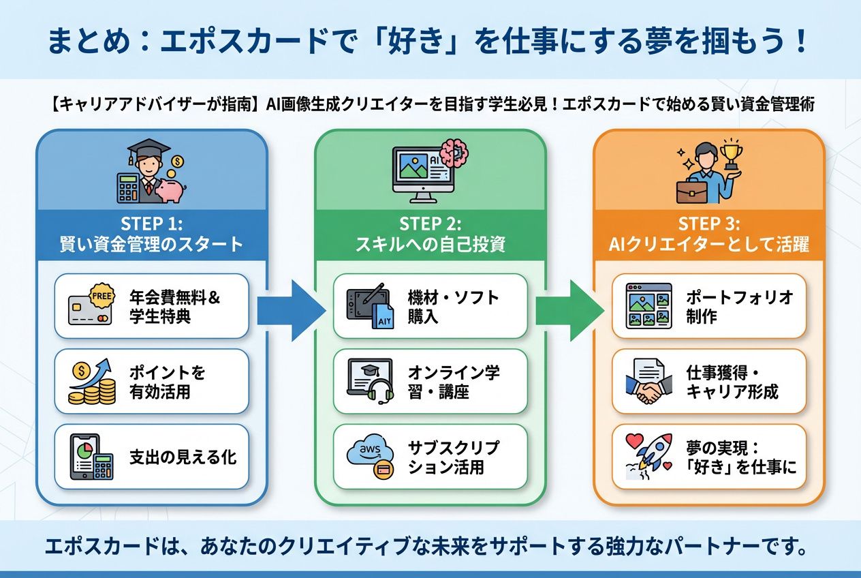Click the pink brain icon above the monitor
coord(452,152)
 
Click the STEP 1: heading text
coord(151,224)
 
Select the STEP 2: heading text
coord(430,224)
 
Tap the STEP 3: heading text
coord(709,224)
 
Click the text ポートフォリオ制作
coord(739,307)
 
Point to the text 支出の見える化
coord(183,457)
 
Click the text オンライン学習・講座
coord(454,382)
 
